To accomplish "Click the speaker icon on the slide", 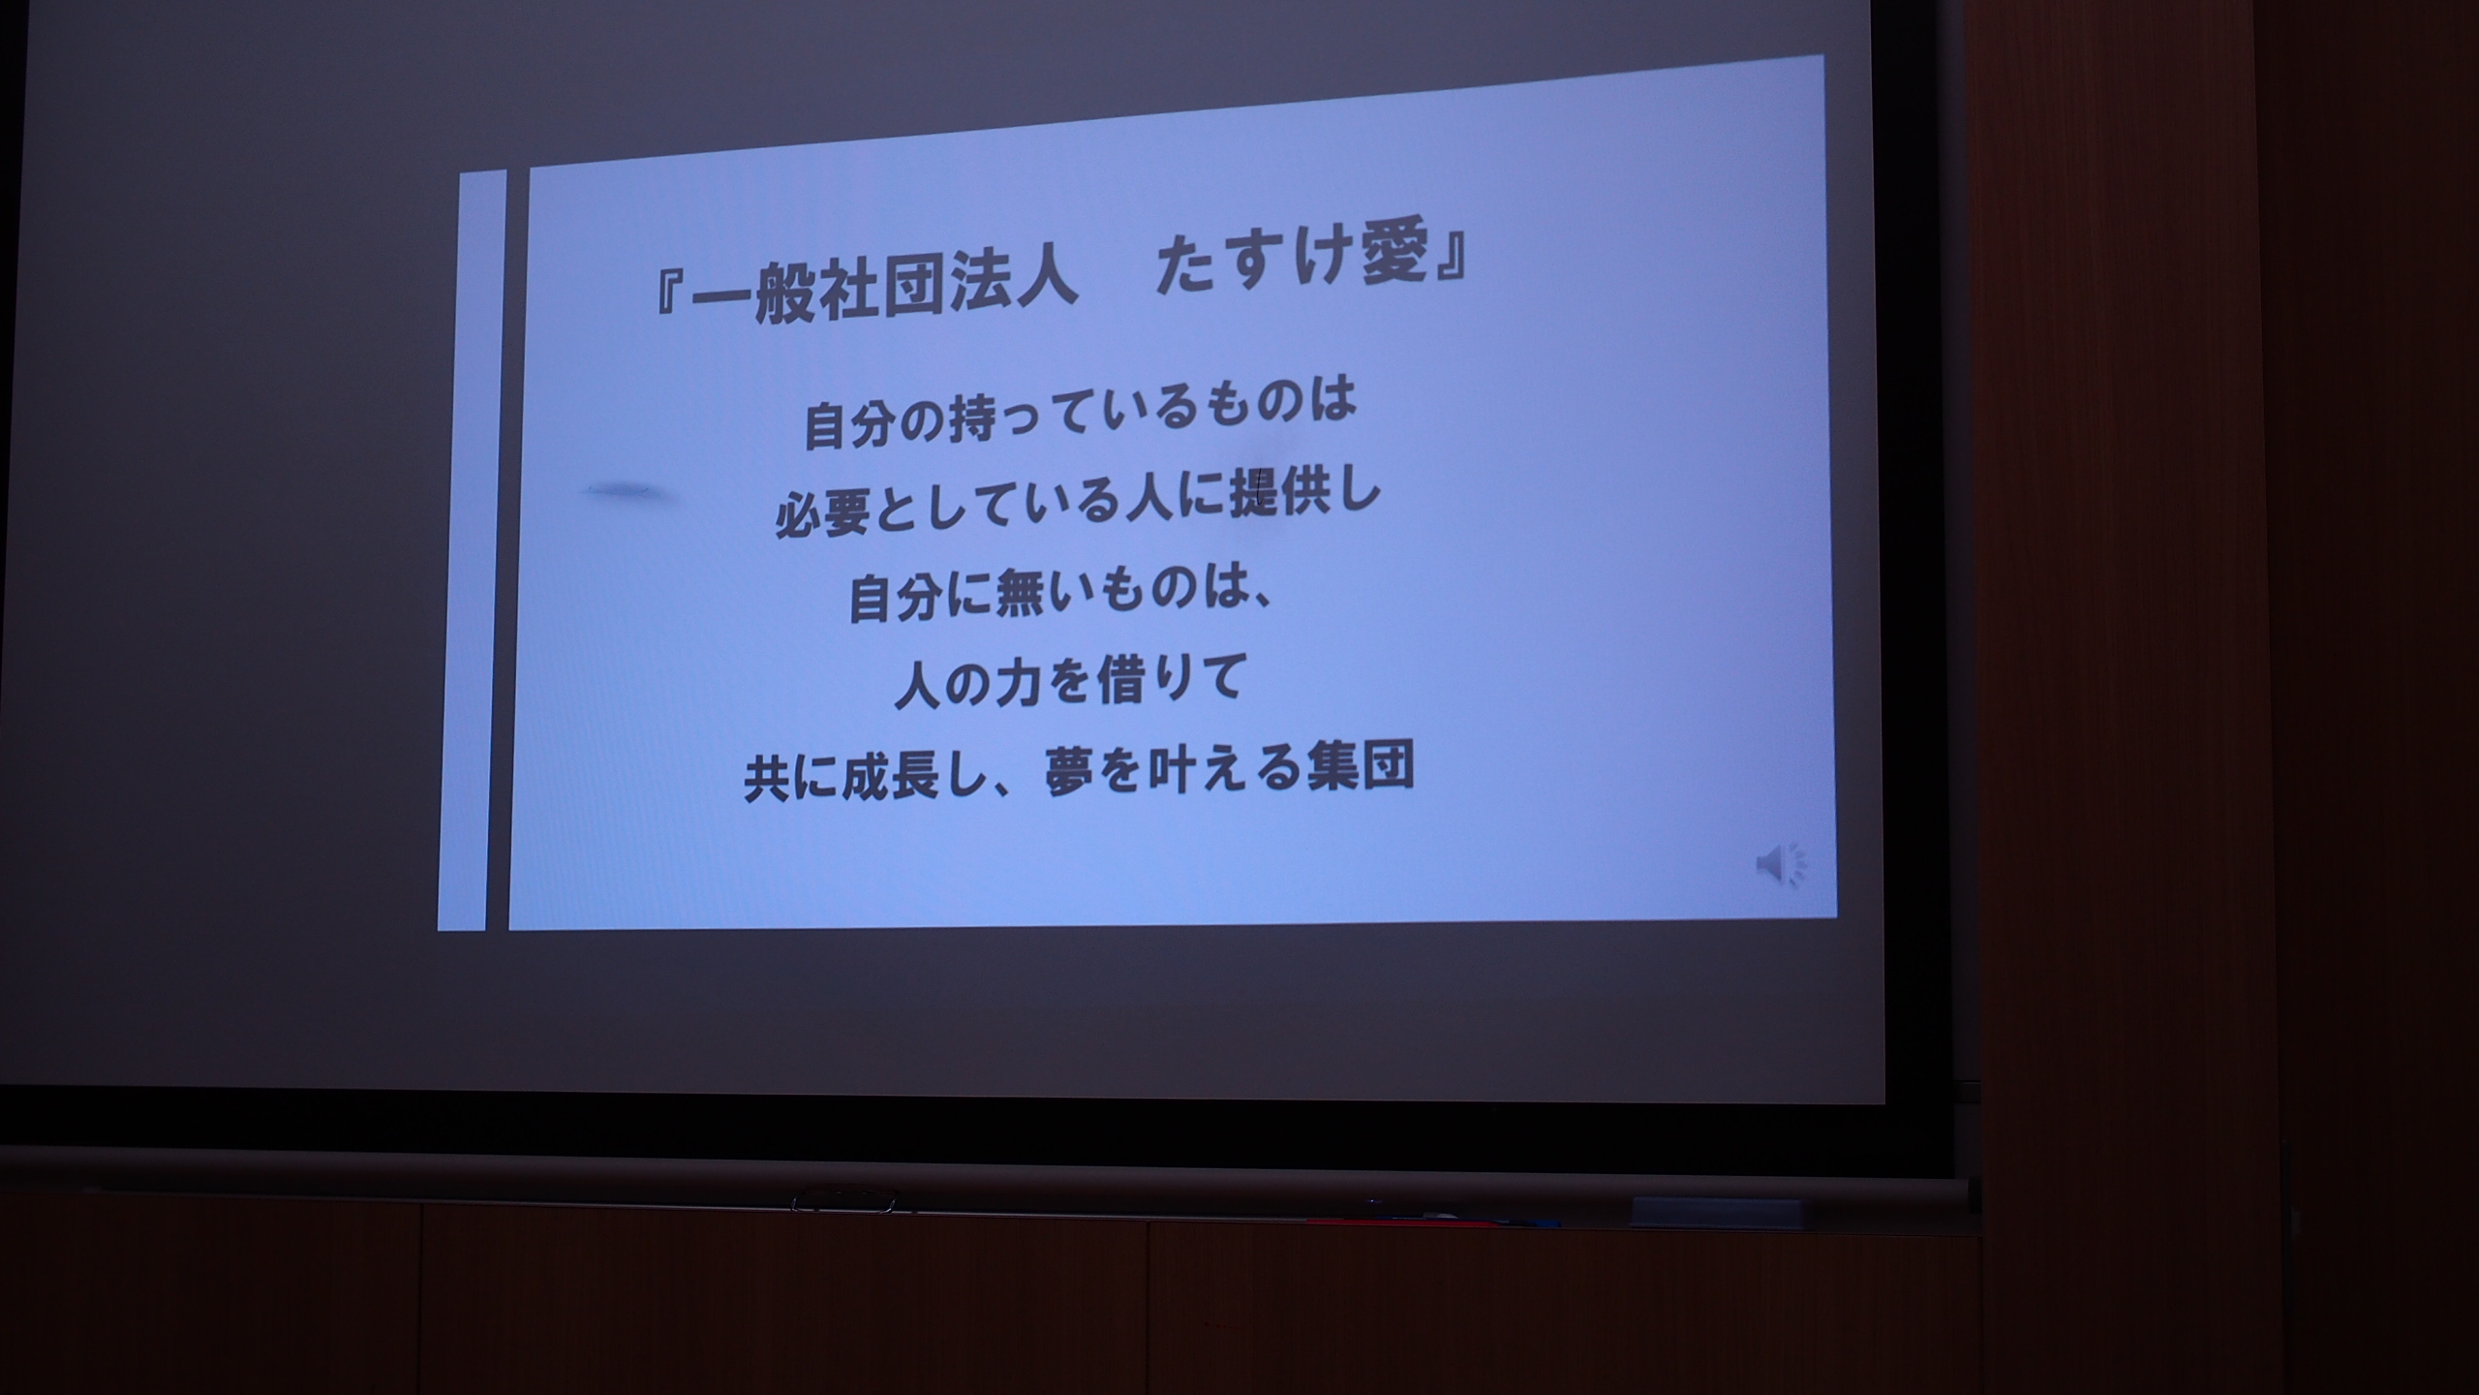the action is pyautogui.click(x=1781, y=862).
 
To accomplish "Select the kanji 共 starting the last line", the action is pyautogui.click(x=770, y=779).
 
